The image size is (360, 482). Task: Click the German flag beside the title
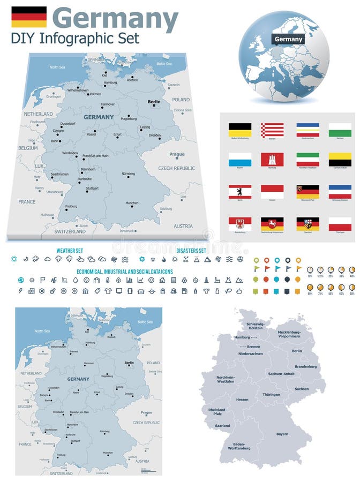click(29, 17)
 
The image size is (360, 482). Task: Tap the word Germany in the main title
click(115, 19)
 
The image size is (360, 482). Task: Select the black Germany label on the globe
click(288, 39)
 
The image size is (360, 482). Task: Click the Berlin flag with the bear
click(240, 192)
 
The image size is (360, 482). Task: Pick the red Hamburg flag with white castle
click(272, 160)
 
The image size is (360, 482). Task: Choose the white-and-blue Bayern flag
click(240, 160)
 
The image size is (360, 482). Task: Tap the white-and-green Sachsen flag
click(340, 130)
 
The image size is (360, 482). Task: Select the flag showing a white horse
click(272, 224)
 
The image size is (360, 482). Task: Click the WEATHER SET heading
click(70, 250)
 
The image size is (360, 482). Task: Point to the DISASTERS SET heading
click(191, 250)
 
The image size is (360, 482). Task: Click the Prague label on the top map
click(177, 154)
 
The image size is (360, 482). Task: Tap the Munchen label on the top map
click(132, 203)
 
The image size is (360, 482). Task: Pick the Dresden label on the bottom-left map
click(129, 394)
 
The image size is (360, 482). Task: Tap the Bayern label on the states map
click(282, 434)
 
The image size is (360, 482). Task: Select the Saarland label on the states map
click(222, 426)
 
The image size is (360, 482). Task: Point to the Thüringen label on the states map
click(271, 395)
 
